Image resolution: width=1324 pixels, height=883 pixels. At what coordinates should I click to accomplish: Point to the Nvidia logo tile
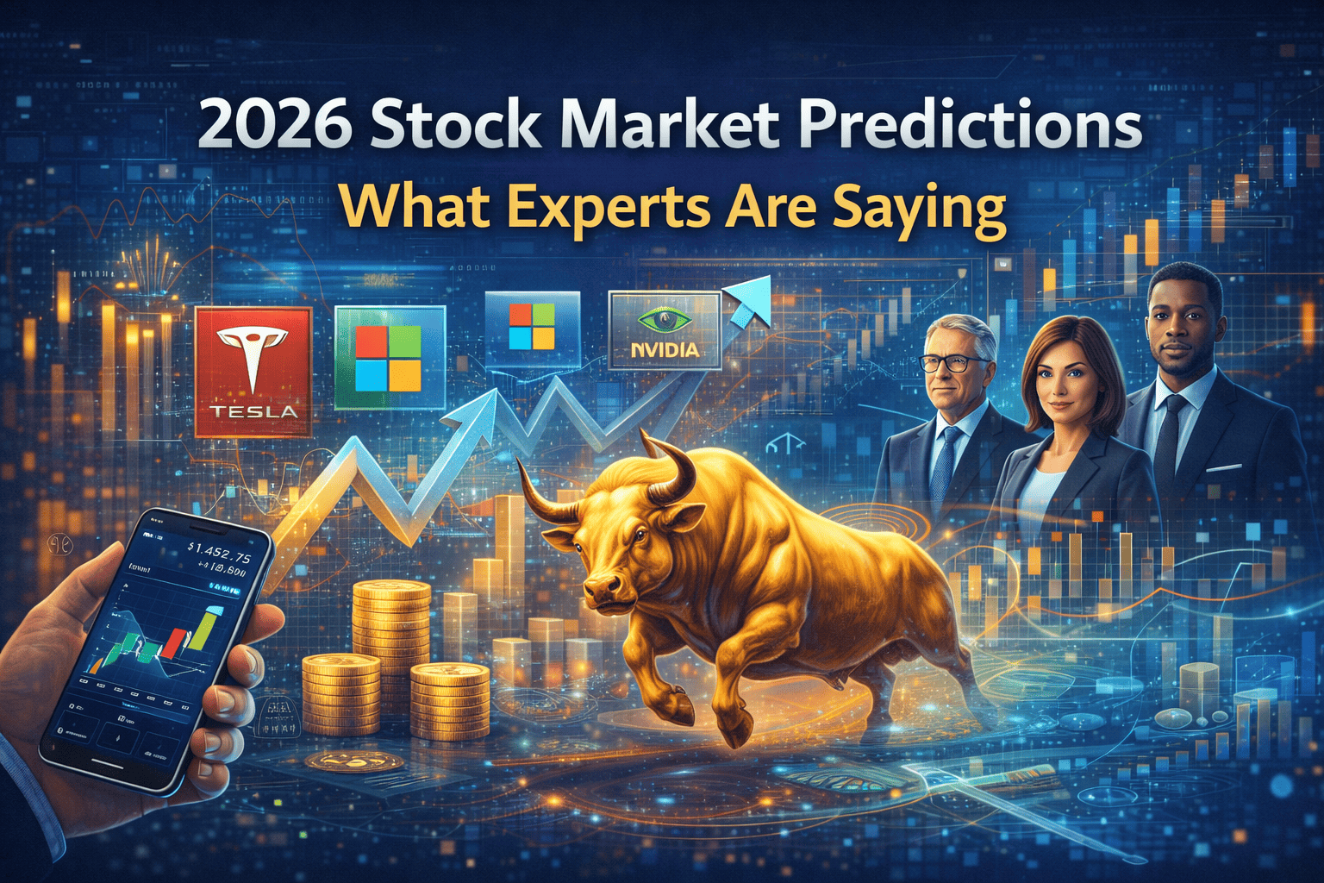point(664,330)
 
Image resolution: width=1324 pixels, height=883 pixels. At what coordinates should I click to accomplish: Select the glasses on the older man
point(955,363)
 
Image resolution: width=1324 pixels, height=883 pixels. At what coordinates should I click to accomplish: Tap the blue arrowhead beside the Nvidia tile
point(749,304)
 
